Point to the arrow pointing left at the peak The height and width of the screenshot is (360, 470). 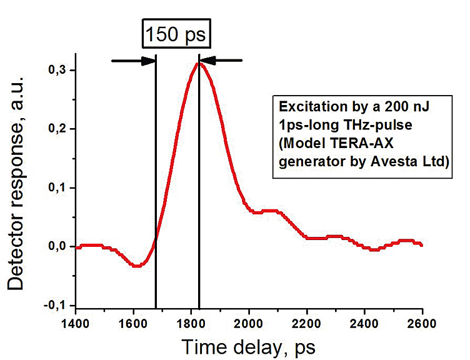(223, 61)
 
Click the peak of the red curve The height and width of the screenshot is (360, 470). (199, 63)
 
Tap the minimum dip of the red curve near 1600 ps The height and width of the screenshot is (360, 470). (137, 266)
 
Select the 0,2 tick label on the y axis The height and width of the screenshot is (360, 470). (59, 129)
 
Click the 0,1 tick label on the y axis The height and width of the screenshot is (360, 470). (59, 187)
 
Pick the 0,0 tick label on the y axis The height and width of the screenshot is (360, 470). (59, 246)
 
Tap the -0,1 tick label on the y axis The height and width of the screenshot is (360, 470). (57, 305)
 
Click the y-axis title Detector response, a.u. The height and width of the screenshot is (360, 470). (17, 187)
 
